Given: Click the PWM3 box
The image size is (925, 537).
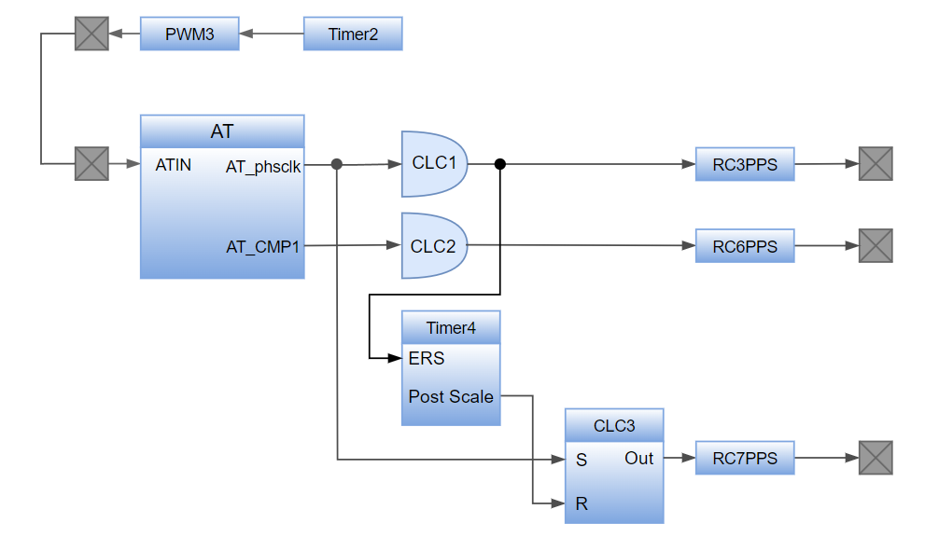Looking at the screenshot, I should [x=189, y=34].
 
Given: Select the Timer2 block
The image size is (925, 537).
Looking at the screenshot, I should [x=353, y=34].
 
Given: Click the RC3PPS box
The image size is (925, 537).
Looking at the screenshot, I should [x=745, y=164].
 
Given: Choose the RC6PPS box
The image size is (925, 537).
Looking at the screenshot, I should [x=745, y=246].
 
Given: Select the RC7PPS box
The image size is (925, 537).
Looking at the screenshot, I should [x=745, y=458].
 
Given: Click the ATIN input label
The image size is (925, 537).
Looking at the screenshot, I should [x=174, y=165].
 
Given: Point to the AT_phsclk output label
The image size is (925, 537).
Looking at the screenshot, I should [x=263, y=166].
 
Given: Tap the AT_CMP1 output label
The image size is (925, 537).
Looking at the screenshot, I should [x=263, y=247].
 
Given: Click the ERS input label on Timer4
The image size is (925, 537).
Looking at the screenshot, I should [x=427, y=358].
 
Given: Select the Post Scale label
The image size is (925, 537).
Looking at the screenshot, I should [x=451, y=396].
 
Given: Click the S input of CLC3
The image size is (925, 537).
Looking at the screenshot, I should [x=582, y=460].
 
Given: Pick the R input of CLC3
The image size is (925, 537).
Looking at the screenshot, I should [x=582, y=503].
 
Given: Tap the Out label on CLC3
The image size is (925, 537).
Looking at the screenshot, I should [x=639, y=458].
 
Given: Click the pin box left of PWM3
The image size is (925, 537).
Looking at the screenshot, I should [x=91, y=34].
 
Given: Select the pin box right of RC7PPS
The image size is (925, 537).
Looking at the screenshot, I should [x=876, y=458].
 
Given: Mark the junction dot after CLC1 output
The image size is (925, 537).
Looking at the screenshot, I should [x=499, y=164].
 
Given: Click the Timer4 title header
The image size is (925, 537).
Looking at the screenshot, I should [x=451, y=327].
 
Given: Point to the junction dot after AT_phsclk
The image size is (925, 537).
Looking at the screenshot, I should [x=337, y=164].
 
